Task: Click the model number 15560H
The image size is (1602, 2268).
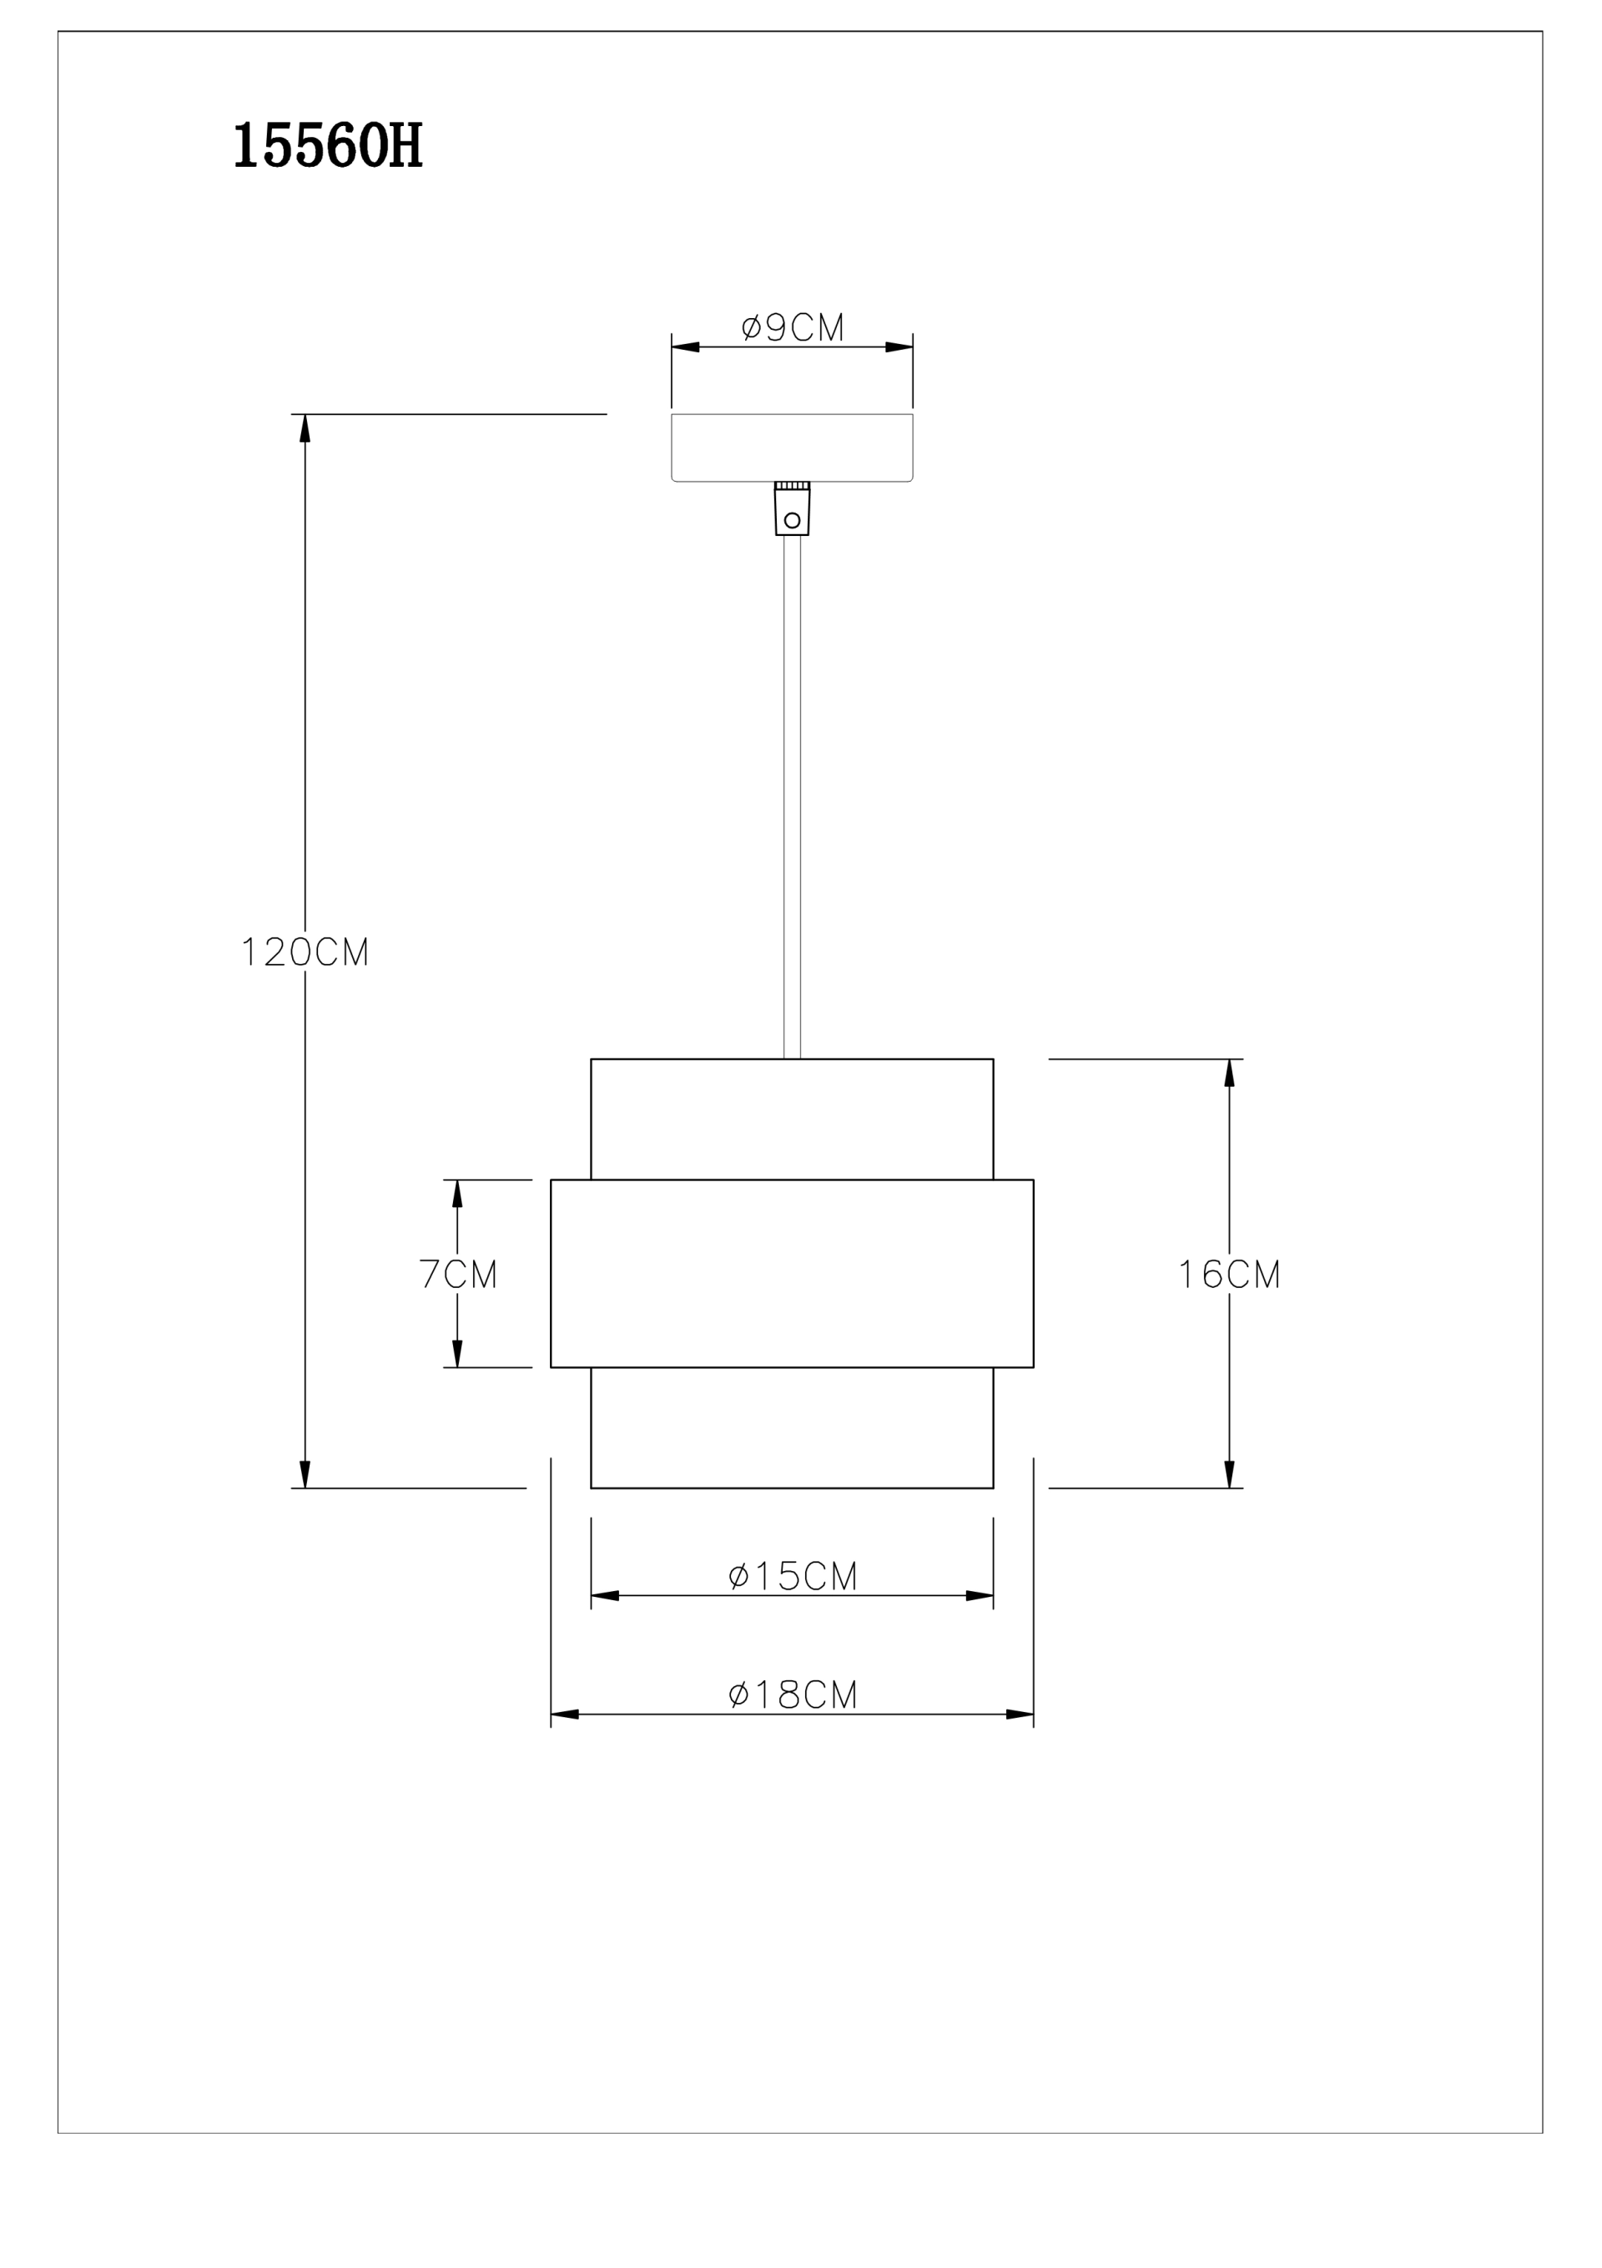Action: click(x=328, y=147)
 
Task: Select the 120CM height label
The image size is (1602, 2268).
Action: click(x=305, y=952)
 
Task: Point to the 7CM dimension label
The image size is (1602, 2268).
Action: click(x=458, y=1275)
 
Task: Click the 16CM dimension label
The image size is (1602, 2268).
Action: click(x=1230, y=1275)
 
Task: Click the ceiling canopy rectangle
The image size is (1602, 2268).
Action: click(x=792, y=447)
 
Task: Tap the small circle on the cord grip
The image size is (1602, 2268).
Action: click(x=792, y=519)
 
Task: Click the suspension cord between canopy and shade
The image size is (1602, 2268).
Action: click(x=792, y=797)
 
